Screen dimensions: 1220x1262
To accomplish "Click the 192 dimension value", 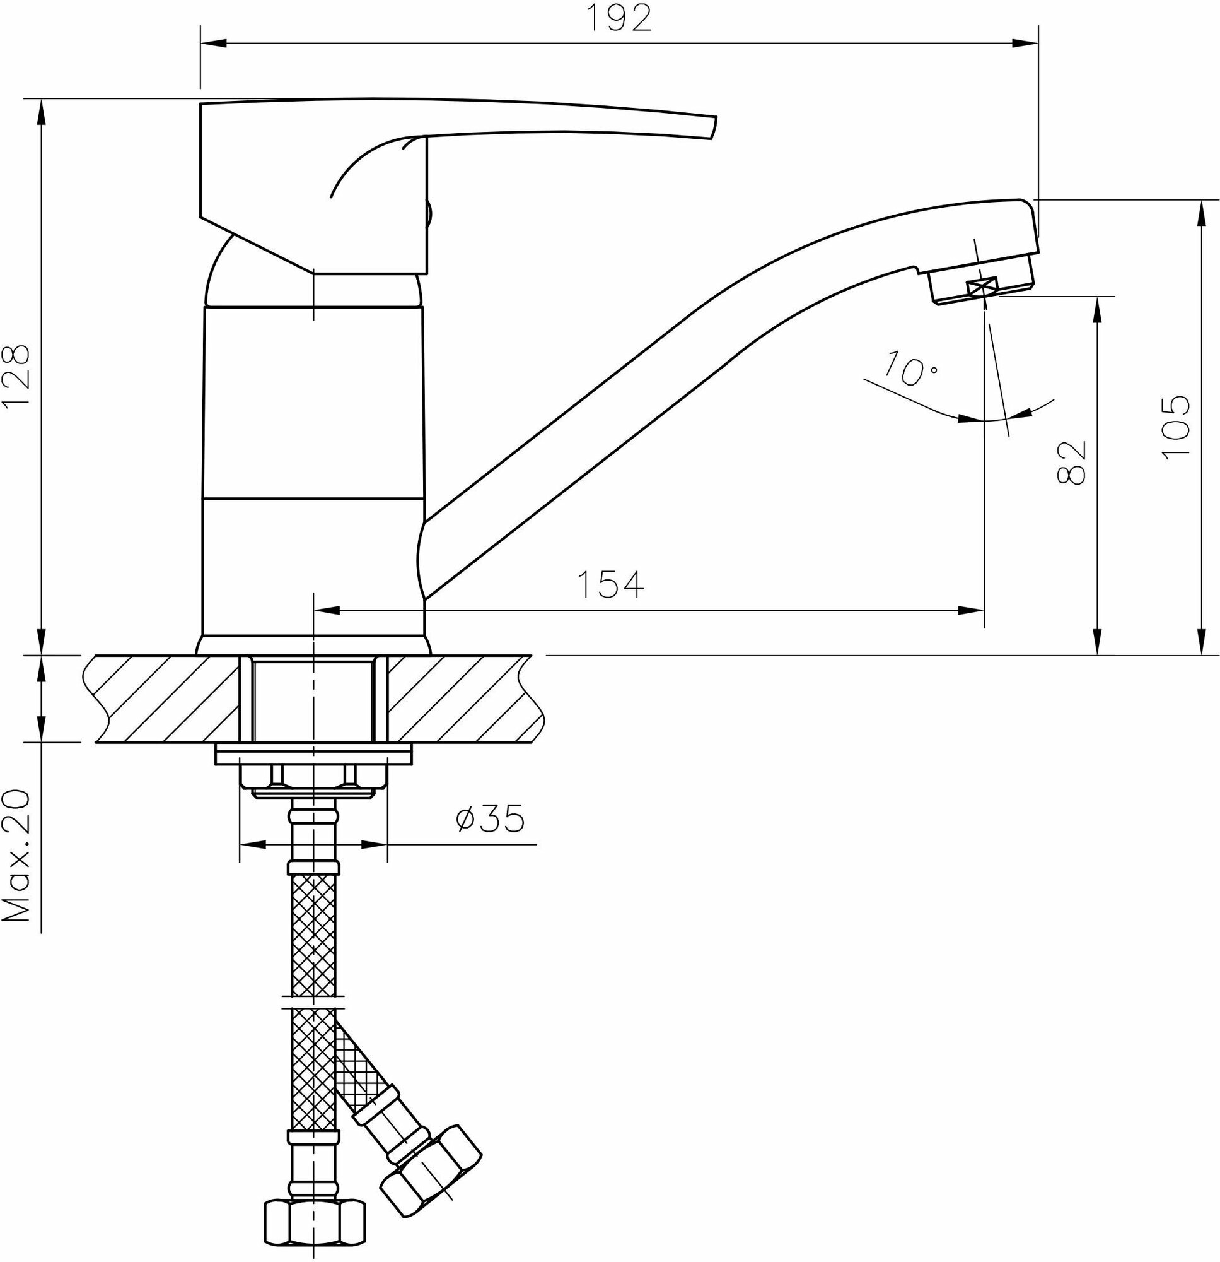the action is [x=619, y=18].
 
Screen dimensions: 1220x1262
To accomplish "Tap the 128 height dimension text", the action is [x=17, y=375].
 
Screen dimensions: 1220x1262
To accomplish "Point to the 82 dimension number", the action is [x=1071, y=462].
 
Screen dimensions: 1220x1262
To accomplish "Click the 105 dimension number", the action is [x=1176, y=427].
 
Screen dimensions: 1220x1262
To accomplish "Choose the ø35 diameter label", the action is [x=490, y=818].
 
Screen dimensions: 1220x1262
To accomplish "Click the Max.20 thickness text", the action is [x=17, y=856].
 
